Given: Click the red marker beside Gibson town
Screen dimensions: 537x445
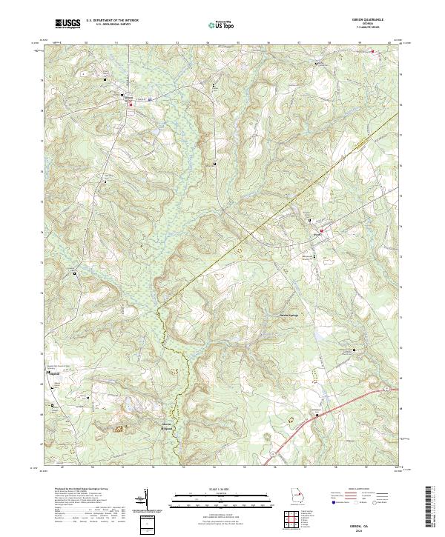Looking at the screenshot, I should [x=131, y=104].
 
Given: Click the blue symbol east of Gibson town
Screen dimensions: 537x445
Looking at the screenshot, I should [x=150, y=99].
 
